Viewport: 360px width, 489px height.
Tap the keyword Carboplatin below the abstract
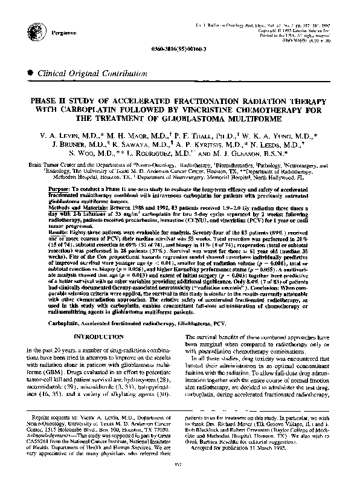pos(63,324)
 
